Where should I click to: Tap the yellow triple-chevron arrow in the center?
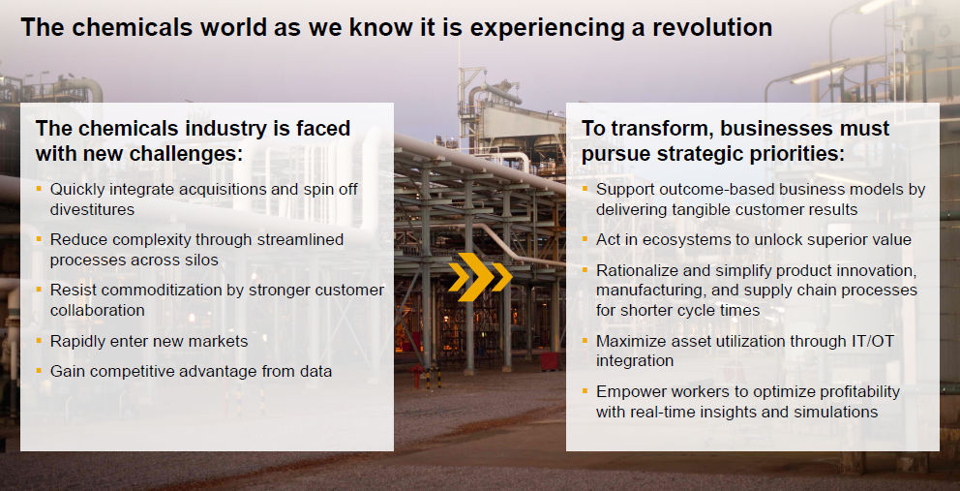click(x=480, y=277)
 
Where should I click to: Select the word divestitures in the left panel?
click(x=93, y=209)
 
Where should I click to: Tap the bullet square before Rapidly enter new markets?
click(x=39, y=339)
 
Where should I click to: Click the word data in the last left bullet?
click(x=316, y=371)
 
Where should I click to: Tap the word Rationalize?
click(x=636, y=270)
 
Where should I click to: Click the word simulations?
click(x=840, y=412)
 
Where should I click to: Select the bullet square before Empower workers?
click(x=585, y=390)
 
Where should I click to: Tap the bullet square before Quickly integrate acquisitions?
click(x=39, y=187)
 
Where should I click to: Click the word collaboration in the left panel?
click(x=98, y=310)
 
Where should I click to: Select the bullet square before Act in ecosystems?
click(x=585, y=238)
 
